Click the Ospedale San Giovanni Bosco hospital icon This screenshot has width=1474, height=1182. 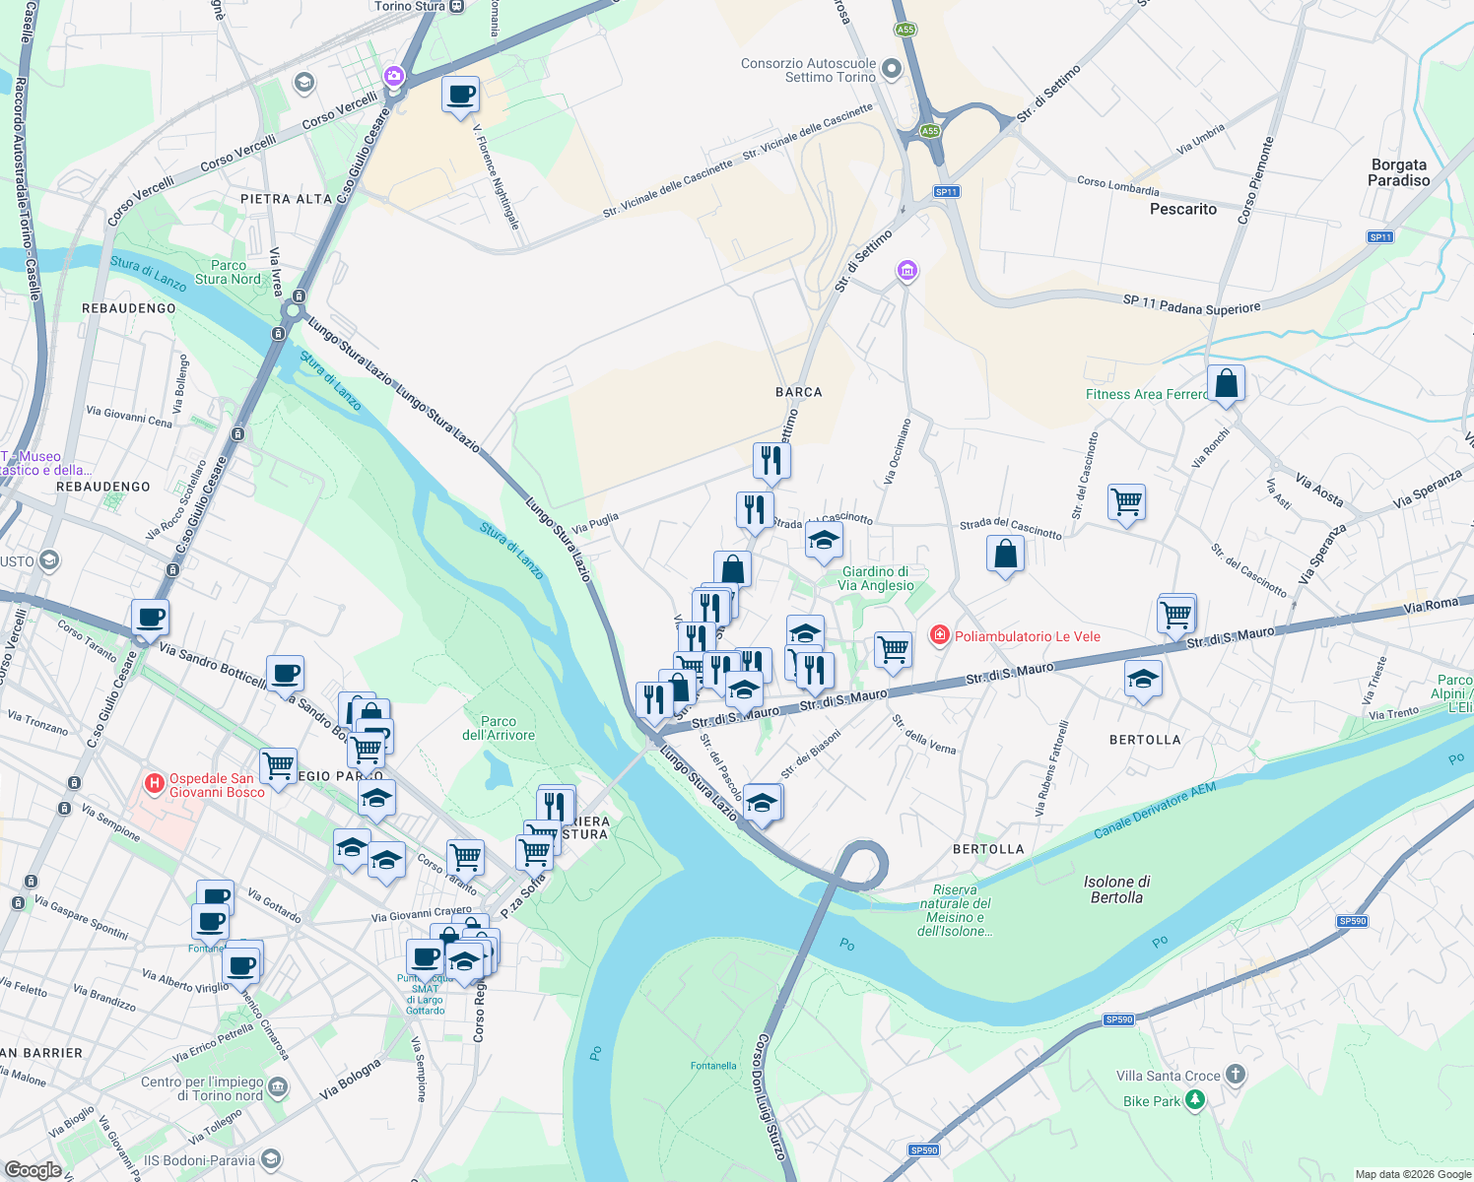pyautogui.click(x=154, y=784)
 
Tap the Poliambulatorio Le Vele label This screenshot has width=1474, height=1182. pyautogui.click(x=1027, y=636)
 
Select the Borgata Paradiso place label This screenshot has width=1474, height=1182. pyautogui.click(x=1398, y=172)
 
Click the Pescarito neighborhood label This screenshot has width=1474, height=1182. pyautogui.click(x=1182, y=209)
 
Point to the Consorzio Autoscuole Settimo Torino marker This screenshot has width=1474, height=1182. pyautogui.click(x=892, y=69)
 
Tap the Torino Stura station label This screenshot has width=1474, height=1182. pyautogui.click(x=410, y=6)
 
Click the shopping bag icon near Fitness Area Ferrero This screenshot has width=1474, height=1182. pyautogui.click(x=1226, y=383)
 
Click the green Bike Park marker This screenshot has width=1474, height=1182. pyautogui.click(x=1194, y=1099)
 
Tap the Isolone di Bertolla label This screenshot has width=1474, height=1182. pyautogui.click(x=1116, y=889)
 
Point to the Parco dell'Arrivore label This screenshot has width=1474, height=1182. pyautogui.click(x=499, y=728)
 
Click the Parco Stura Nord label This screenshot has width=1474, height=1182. pyautogui.click(x=228, y=272)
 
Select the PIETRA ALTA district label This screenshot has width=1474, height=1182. pyautogui.click(x=287, y=199)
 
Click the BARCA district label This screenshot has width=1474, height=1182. pyautogui.click(x=798, y=392)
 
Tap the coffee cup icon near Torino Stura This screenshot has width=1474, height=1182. pyautogui.click(x=460, y=96)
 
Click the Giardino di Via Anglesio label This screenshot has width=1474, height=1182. pyautogui.click(x=875, y=578)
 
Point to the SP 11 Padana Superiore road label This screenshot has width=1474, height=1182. pyautogui.click(x=1191, y=305)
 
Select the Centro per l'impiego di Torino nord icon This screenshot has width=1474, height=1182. pyautogui.click(x=278, y=1087)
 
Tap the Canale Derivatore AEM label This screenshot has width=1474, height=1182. pyautogui.click(x=1155, y=811)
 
